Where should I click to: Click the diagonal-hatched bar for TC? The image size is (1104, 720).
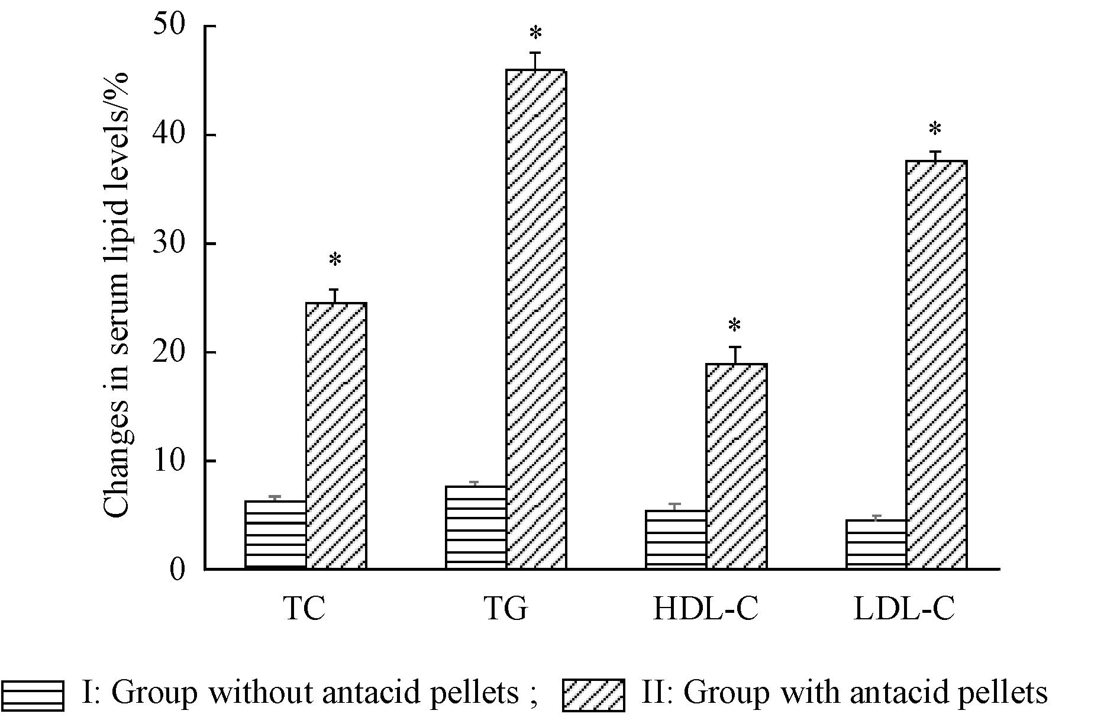point(336,436)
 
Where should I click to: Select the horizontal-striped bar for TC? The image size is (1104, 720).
point(276,535)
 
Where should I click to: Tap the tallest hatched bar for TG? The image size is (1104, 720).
point(536,320)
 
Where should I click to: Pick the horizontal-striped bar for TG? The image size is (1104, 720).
point(476,528)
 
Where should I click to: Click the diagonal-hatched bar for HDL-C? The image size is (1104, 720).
point(736,467)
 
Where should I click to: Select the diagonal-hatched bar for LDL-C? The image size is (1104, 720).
point(936,365)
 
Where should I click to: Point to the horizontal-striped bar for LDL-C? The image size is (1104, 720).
point(876,545)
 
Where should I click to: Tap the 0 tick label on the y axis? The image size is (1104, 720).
point(177,570)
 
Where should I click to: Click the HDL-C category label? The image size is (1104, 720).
point(705,609)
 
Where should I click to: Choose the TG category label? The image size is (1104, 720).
point(505,609)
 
